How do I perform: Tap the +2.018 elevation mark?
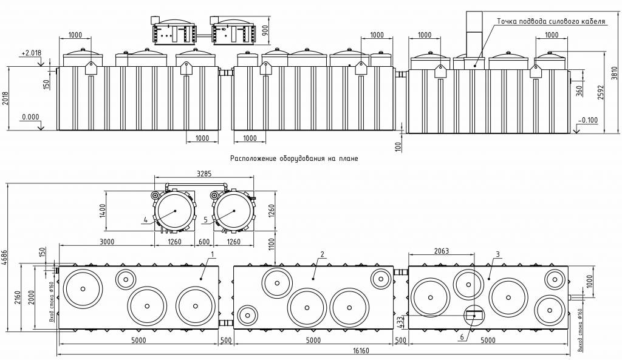[31, 53]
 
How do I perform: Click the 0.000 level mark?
[29, 117]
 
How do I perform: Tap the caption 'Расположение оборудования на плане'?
[295, 158]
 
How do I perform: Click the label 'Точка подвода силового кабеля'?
[551, 21]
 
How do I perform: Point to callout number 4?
[146, 220]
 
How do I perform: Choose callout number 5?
[205, 220]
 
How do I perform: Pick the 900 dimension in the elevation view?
[265, 30]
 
